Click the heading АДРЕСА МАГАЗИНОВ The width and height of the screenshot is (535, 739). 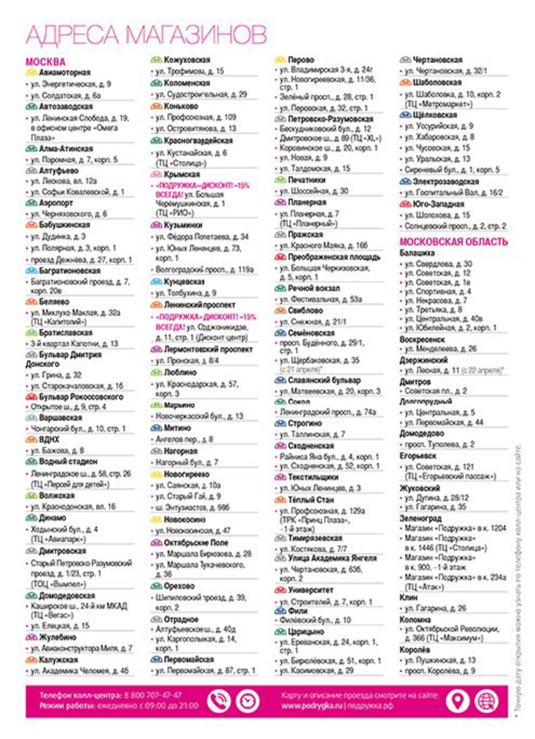click(x=146, y=35)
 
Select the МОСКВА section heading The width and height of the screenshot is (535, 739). click(x=45, y=62)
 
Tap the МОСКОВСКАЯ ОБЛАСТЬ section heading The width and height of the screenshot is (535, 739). click(x=453, y=242)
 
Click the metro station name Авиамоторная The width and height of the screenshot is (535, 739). click(x=64, y=72)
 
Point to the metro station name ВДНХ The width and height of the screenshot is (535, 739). click(x=49, y=439)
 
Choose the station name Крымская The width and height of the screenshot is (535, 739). click(x=182, y=175)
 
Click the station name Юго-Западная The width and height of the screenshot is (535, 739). click(x=438, y=204)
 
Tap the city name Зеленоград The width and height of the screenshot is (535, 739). click(x=421, y=518)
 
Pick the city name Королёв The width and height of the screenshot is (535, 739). click(x=415, y=650)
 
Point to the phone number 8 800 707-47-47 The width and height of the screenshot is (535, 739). click(x=152, y=695)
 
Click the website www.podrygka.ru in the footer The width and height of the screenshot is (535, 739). click(x=312, y=706)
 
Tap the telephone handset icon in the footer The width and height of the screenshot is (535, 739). click(x=218, y=701)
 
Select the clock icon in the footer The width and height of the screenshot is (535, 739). click(x=247, y=701)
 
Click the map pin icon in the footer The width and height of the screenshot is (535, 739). click(x=457, y=701)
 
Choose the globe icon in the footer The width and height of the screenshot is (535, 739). click(x=486, y=701)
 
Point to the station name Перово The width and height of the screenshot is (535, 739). click(x=301, y=60)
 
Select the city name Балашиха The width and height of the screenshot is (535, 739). click(x=417, y=253)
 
